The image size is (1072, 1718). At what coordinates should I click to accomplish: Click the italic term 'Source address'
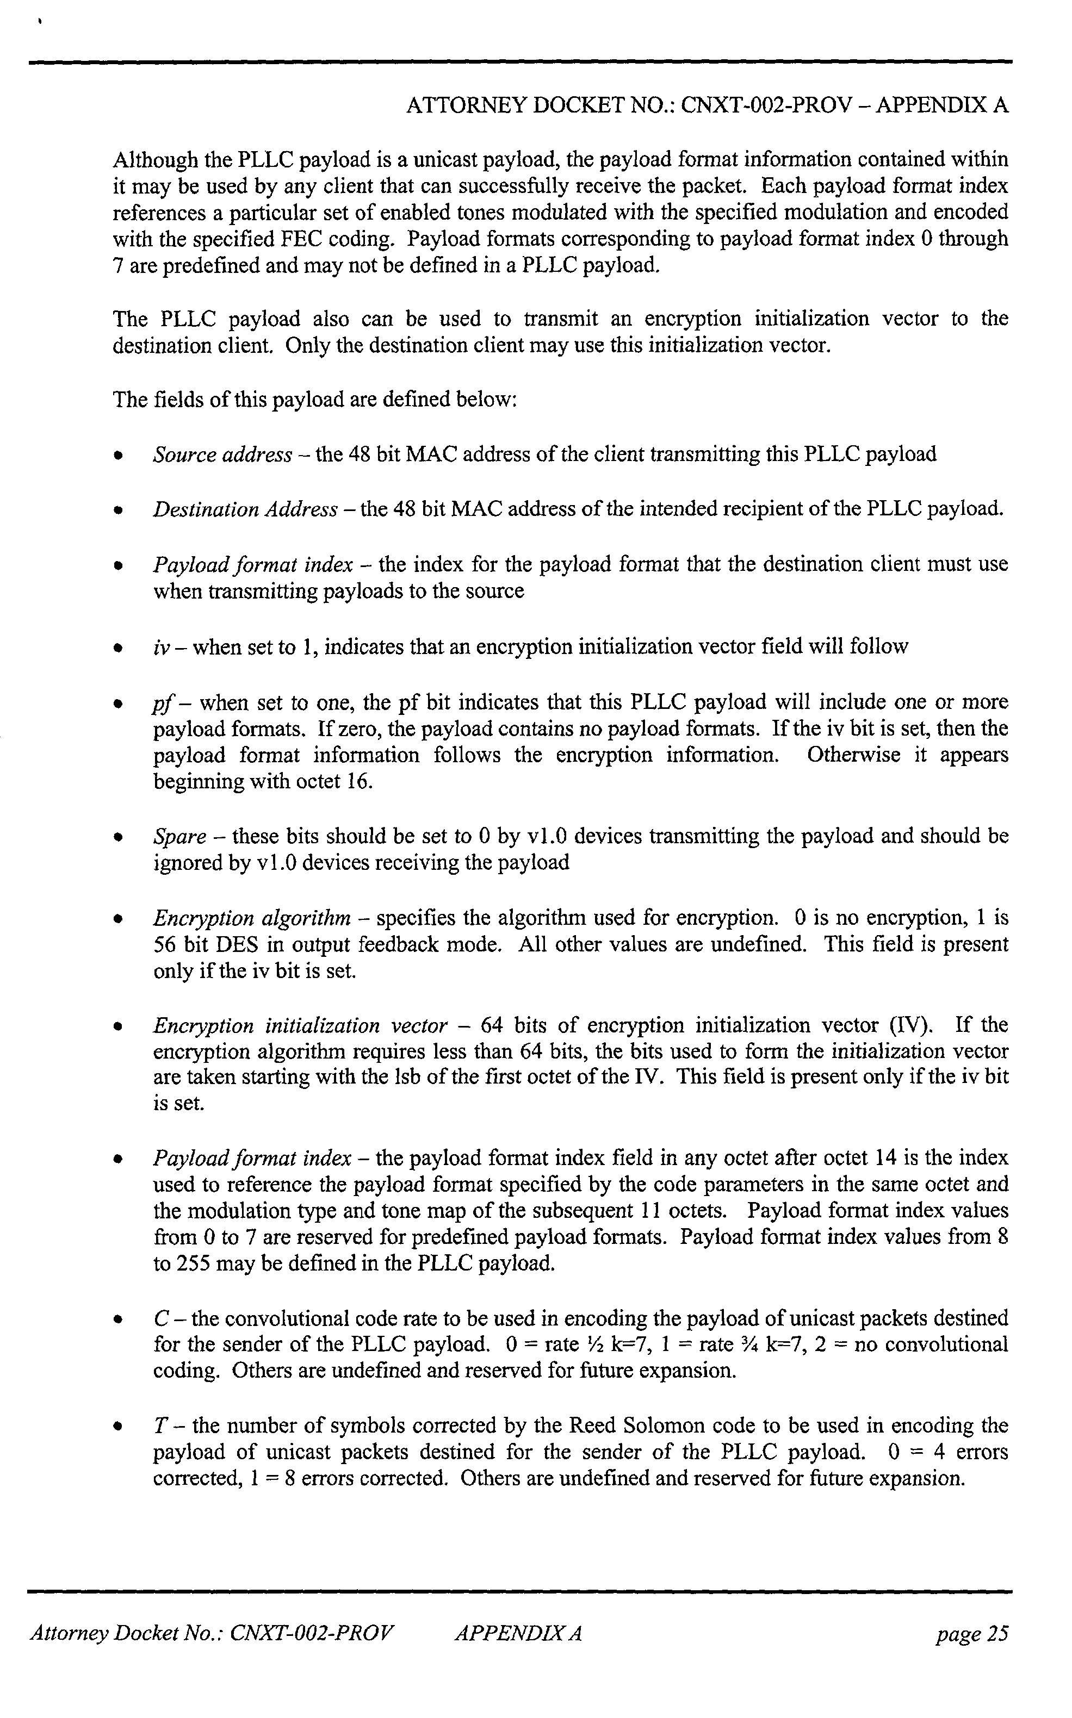222,455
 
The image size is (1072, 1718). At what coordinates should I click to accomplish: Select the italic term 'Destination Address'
245,509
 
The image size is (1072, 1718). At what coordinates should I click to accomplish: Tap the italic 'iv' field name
159,647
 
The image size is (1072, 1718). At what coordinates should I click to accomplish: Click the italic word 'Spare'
178,836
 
